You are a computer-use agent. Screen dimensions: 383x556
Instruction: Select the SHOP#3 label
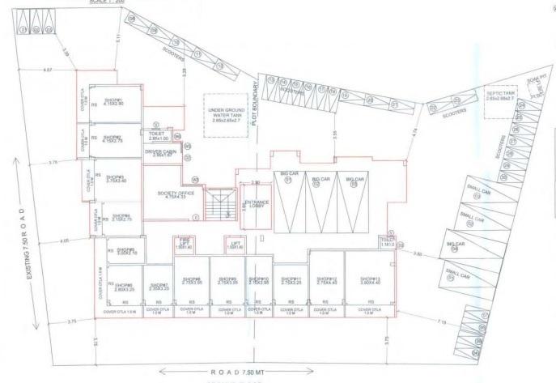[x=116, y=178]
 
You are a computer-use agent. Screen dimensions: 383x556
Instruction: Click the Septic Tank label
[x=501, y=96]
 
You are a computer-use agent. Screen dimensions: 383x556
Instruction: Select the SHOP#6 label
[x=124, y=287]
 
